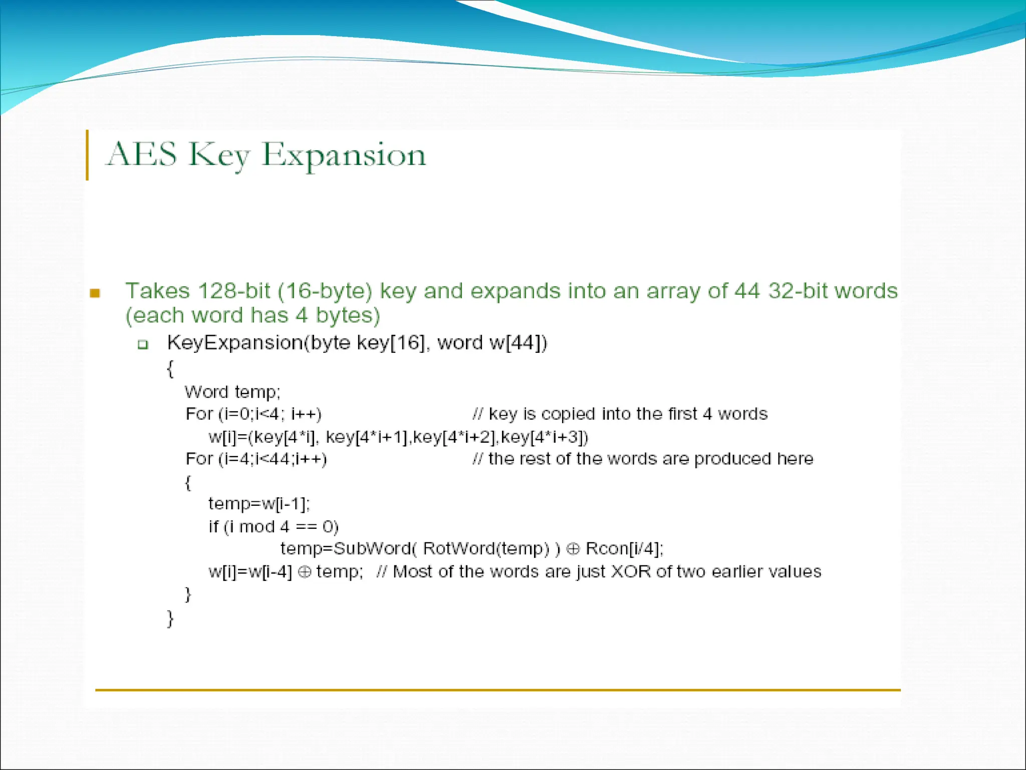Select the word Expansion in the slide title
(344, 155)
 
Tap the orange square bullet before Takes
(95, 293)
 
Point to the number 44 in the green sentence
(747, 291)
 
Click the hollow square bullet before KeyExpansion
(143, 344)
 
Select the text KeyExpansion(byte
(259, 343)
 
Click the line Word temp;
(232, 392)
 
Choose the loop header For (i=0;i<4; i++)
(253, 414)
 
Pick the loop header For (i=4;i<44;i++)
(256, 459)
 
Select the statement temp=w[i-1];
(259, 504)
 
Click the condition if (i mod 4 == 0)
(274, 527)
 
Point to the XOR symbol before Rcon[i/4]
(573, 549)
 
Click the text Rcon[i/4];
(624, 549)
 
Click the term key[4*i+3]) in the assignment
(545, 437)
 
